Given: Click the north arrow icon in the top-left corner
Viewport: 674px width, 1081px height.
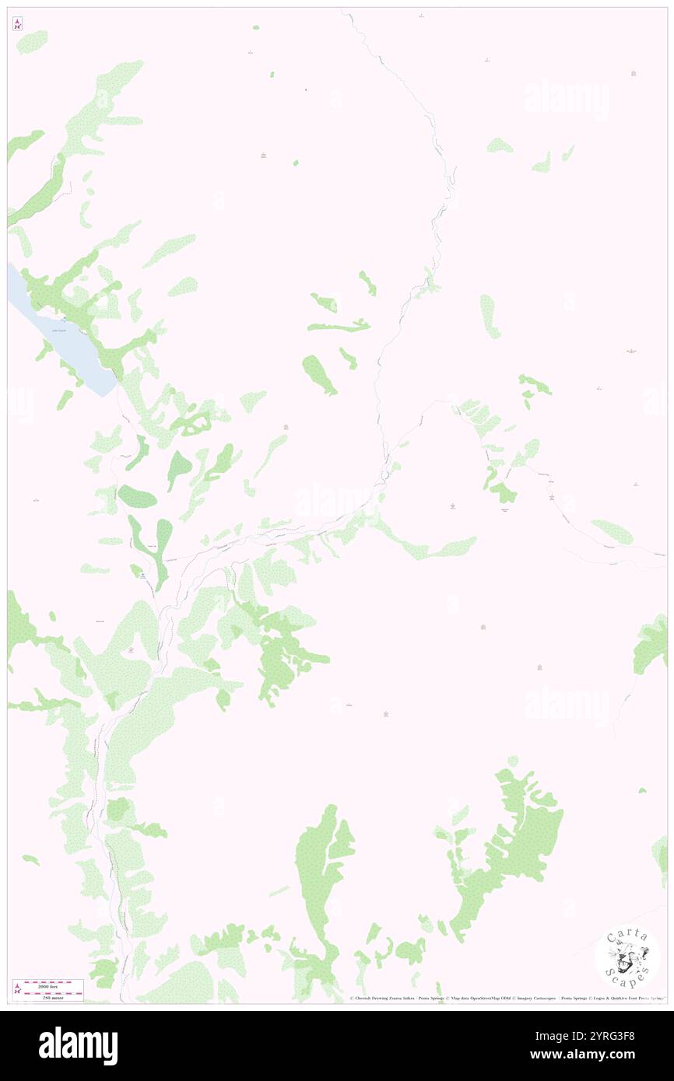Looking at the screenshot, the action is (x=17, y=23).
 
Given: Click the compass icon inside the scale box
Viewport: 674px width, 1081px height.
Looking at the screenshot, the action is (x=17, y=988).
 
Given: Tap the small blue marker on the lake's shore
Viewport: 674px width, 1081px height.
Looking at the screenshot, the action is (x=64, y=318).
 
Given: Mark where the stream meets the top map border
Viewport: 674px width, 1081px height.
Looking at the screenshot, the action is (x=342, y=9).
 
